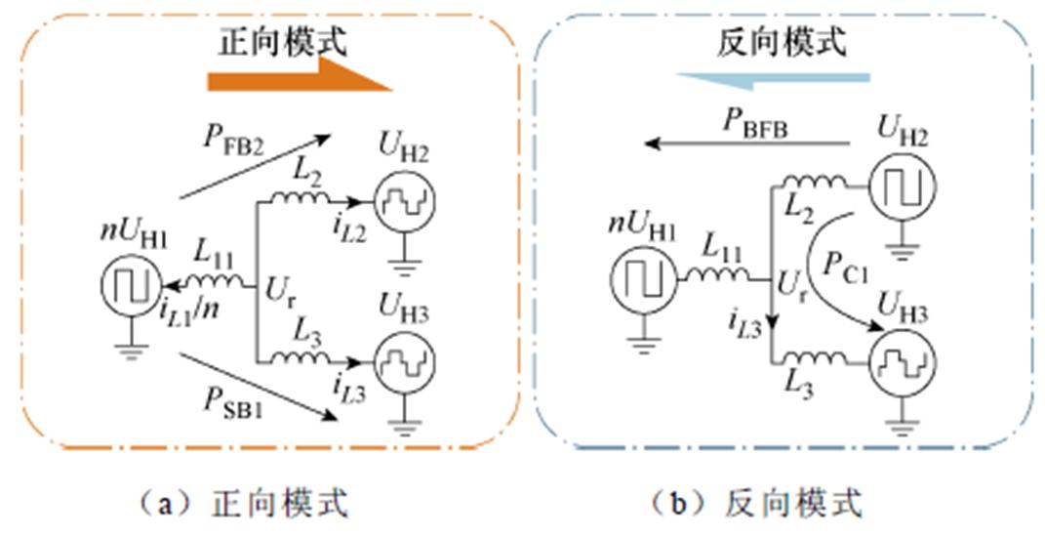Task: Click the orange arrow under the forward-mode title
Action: (298, 77)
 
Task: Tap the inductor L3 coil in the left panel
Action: (303, 359)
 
